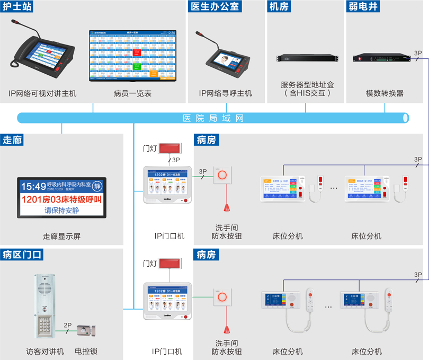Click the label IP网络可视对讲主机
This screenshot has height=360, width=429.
[x=42, y=93]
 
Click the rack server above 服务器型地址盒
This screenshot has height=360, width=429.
[x=306, y=58]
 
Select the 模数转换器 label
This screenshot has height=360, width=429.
[x=385, y=93]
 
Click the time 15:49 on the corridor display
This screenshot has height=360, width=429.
[x=33, y=186]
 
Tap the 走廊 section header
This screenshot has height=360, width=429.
[x=12, y=140]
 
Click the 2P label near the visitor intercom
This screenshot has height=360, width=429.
[x=67, y=326]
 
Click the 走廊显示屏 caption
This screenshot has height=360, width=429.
[x=62, y=236]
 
